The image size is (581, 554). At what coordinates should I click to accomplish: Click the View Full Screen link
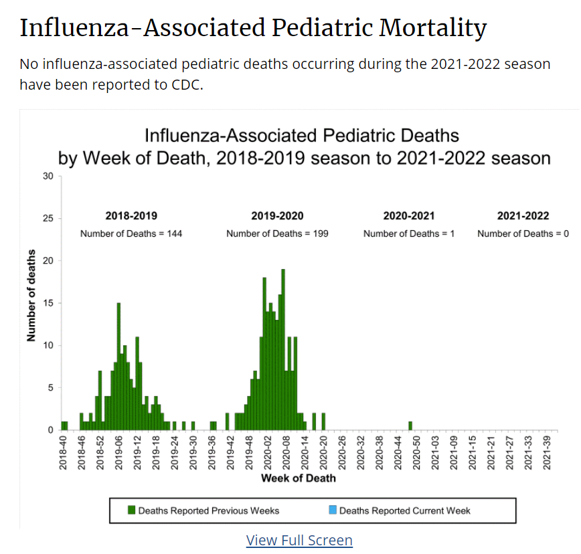pyautogui.click(x=299, y=540)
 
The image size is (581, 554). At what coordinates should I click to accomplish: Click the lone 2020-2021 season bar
pyautogui.click(x=410, y=426)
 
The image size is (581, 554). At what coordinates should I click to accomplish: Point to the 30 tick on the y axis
pyautogui.click(x=48, y=176)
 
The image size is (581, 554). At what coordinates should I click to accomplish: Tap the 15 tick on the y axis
pyautogui.click(x=48, y=303)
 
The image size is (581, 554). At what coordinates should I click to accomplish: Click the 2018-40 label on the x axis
pyautogui.click(x=63, y=451)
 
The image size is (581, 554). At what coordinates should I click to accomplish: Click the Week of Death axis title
pyautogui.click(x=299, y=478)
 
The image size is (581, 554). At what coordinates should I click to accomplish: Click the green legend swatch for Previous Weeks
pyautogui.click(x=131, y=511)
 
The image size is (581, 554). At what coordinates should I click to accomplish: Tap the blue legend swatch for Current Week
pyautogui.click(x=332, y=511)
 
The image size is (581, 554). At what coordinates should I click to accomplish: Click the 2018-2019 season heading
pyautogui.click(x=131, y=216)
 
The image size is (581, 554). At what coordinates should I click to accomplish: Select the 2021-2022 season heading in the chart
pyautogui.click(x=523, y=216)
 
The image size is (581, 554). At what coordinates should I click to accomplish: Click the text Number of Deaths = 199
pyautogui.click(x=277, y=234)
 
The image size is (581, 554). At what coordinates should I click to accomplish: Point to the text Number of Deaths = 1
pyautogui.click(x=409, y=234)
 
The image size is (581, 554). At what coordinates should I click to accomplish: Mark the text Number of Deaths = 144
pyautogui.click(x=131, y=234)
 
